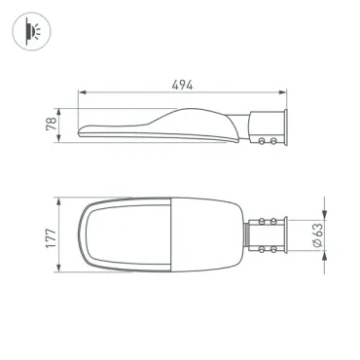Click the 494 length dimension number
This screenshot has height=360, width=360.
[182, 85]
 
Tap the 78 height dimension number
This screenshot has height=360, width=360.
[52, 124]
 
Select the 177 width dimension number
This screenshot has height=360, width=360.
[52, 238]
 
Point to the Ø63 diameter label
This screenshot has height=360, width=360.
[318, 234]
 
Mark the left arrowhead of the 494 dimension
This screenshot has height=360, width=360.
[82, 92]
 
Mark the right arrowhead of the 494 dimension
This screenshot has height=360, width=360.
[283, 92]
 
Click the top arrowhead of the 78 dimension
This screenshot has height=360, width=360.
[58, 112]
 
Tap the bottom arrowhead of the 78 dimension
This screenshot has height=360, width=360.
[58, 138]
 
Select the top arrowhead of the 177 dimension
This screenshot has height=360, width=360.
[58, 201]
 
